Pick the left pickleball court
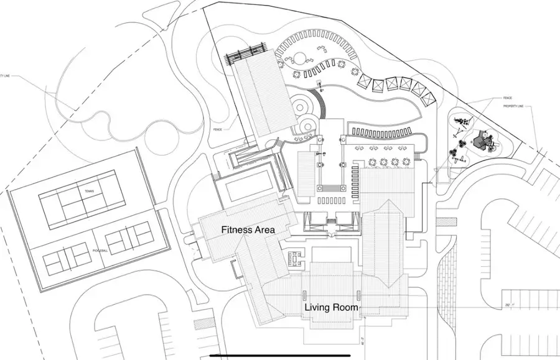68,255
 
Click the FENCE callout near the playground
507,98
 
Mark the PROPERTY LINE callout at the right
515,106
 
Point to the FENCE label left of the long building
217,130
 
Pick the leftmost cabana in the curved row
362,79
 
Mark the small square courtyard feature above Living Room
294,257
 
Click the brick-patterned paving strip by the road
449,279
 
